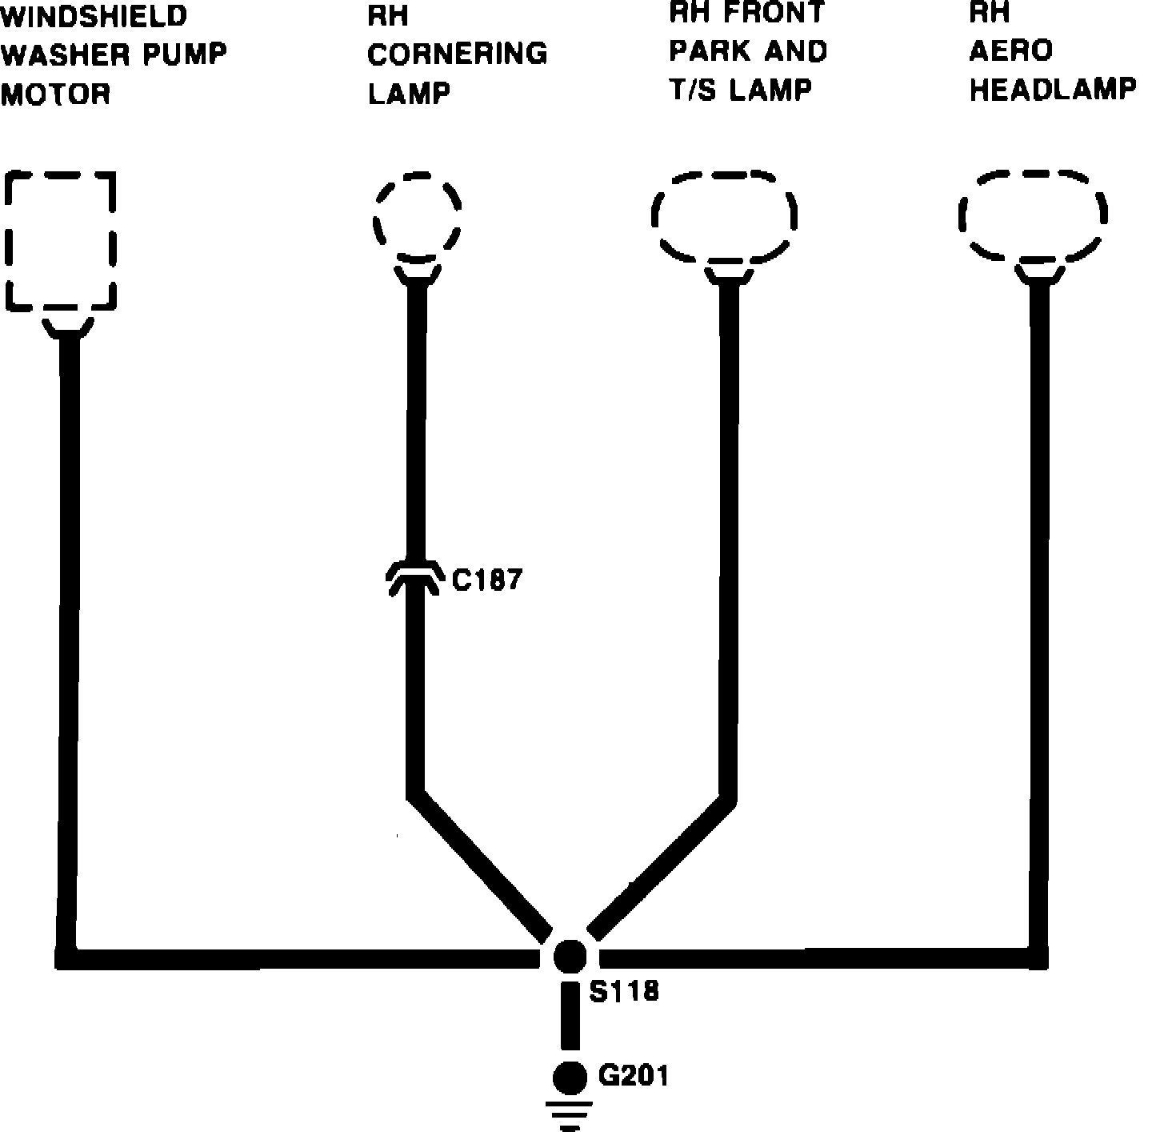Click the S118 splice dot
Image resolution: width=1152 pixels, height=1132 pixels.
(x=570, y=956)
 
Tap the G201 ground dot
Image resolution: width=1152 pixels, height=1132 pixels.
(x=570, y=1077)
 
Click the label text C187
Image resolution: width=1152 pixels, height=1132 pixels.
(x=487, y=580)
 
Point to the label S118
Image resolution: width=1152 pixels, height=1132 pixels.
(x=624, y=991)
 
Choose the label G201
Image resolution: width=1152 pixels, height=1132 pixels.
(x=633, y=1076)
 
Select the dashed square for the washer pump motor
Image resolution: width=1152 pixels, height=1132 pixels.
(x=61, y=240)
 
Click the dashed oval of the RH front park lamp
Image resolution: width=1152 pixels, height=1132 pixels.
(x=725, y=216)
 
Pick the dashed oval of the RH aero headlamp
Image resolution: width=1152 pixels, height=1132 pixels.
(x=1033, y=215)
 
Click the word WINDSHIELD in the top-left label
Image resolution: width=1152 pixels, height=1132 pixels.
(x=94, y=15)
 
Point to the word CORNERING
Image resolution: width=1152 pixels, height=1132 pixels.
(x=457, y=54)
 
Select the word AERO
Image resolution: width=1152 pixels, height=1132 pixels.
(x=1010, y=50)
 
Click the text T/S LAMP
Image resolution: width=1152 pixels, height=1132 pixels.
(x=740, y=89)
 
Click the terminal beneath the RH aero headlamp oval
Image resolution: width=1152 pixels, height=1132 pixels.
(x=1038, y=275)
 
